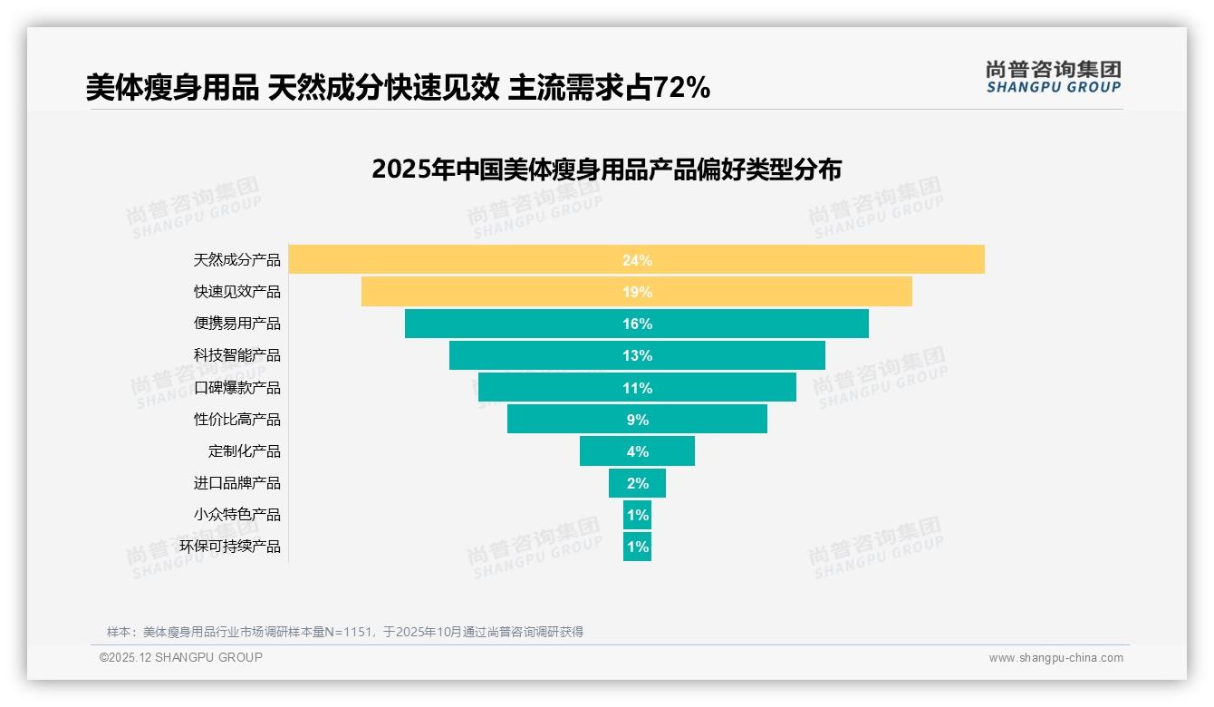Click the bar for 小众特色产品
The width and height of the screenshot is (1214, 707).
coord(637,515)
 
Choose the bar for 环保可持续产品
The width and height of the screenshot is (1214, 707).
coord(637,547)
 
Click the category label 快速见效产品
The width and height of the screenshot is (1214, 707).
coord(237,292)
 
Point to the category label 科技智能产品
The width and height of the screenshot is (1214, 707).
coord(237,355)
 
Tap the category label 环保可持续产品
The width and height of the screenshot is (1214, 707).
coord(230,547)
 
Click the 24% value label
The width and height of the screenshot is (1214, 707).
coord(637,260)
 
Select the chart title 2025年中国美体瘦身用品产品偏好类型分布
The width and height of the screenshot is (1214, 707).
coord(606,169)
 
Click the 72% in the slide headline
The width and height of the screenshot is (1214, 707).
coord(681,88)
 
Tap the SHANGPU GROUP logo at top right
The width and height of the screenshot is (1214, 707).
coord(1053,77)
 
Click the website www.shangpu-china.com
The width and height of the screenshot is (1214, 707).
coord(1055,658)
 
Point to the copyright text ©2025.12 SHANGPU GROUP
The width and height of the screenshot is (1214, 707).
coord(181,657)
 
